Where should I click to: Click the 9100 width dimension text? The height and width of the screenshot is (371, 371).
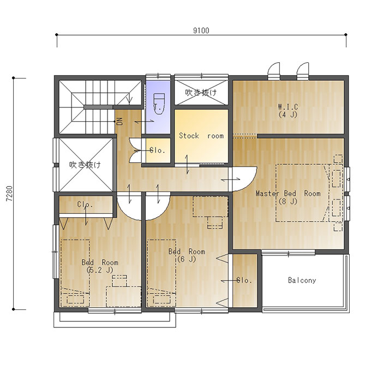coord(201,31)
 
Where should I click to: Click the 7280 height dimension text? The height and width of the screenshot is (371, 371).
coord(9,193)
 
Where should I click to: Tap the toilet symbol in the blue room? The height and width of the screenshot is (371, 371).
coord(159,104)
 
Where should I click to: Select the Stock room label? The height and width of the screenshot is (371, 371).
coord(201,136)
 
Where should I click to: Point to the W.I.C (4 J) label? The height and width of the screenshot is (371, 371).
coord(288,111)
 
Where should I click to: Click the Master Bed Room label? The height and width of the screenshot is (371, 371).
coord(288,197)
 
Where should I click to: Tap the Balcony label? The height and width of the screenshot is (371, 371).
coord(302,280)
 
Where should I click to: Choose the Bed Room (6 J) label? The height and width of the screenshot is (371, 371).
coord(187,255)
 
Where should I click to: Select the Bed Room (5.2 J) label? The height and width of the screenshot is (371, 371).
coord(100,266)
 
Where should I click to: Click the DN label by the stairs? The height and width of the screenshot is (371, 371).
coord(120,121)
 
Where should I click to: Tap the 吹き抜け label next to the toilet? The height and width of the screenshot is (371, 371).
coord(201,93)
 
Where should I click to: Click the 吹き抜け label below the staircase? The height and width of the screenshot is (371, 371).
coord(85,165)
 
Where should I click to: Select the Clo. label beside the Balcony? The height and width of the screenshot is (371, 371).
coord(244,280)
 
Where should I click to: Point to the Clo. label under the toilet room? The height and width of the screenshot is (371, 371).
coord(157,150)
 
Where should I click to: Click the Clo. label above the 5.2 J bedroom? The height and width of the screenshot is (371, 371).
coord(85,205)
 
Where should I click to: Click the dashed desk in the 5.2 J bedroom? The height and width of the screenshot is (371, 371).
coord(123,297)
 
